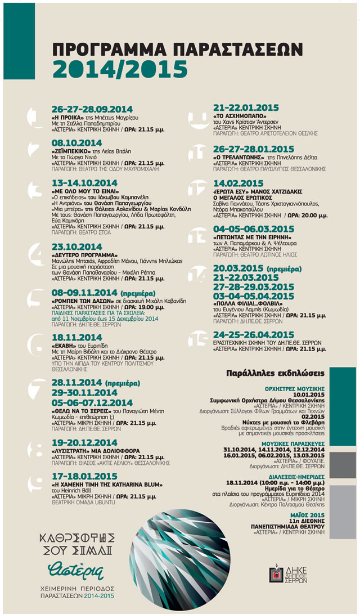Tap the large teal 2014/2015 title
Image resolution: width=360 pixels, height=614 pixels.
pyautogui.click(x=120, y=69)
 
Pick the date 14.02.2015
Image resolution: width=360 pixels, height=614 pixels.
pyautogui.click(x=238, y=183)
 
